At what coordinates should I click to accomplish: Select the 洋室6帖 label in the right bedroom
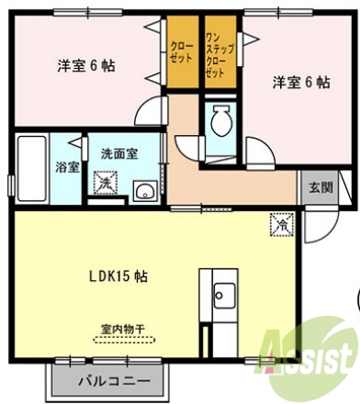(300, 82)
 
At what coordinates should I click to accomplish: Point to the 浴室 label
(67, 168)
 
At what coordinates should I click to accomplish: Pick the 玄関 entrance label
(321, 187)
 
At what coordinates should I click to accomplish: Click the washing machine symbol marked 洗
(106, 183)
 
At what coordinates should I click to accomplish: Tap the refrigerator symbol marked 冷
(278, 223)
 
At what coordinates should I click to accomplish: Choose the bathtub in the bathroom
(32, 169)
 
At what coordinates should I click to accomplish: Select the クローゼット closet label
(180, 51)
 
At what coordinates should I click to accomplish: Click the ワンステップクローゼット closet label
(217, 51)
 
